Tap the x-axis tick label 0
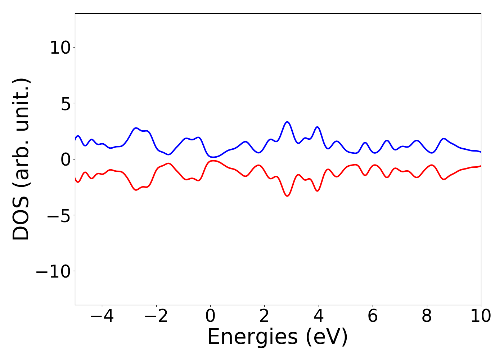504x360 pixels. [210, 316]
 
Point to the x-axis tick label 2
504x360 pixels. [264, 316]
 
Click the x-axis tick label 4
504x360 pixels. [319, 316]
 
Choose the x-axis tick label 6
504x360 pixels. [373, 316]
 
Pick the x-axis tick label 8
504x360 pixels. [427, 316]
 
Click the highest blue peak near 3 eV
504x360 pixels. [287, 122]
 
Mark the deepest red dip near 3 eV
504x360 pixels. [287, 196]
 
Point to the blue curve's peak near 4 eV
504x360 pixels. [317, 127]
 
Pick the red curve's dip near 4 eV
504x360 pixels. [317, 191]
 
